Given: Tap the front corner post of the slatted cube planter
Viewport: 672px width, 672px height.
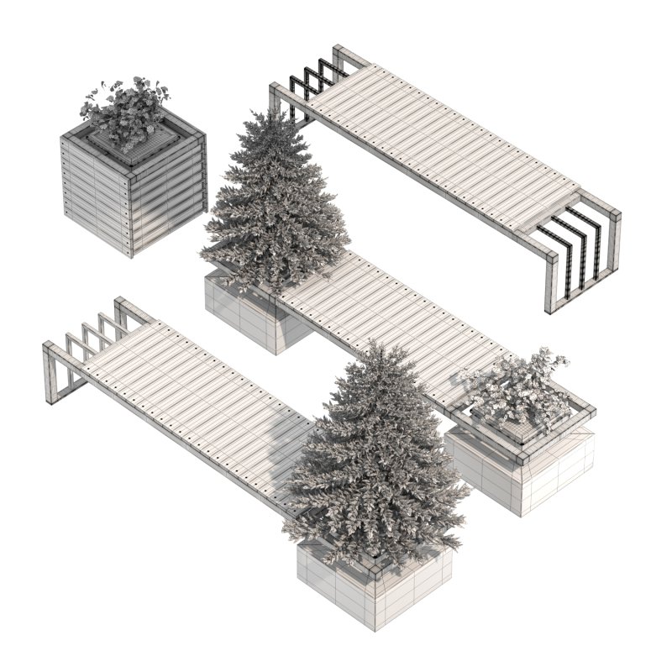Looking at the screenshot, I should tap(129, 214).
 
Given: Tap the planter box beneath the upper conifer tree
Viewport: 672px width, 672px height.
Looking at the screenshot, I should tap(252, 315).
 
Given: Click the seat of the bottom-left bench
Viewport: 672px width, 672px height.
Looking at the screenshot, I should tap(193, 403).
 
